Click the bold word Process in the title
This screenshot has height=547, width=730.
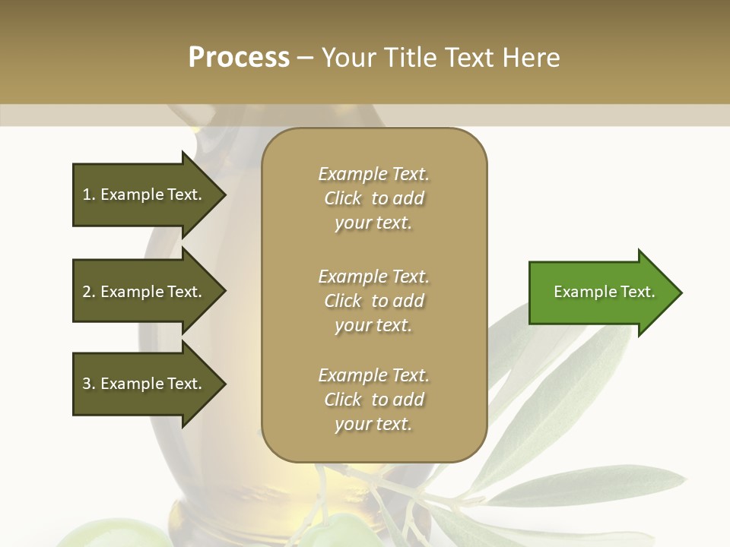pos(239,58)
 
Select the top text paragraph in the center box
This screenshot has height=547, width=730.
pos(373,198)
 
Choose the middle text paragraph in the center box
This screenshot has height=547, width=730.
pos(373,300)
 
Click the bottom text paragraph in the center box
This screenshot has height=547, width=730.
pos(373,400)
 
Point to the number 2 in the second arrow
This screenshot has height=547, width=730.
pos(87,292)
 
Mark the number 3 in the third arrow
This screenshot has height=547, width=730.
pos(87,384)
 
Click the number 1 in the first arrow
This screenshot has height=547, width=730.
pos(87,194)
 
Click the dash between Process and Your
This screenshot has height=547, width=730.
pos(305,58)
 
